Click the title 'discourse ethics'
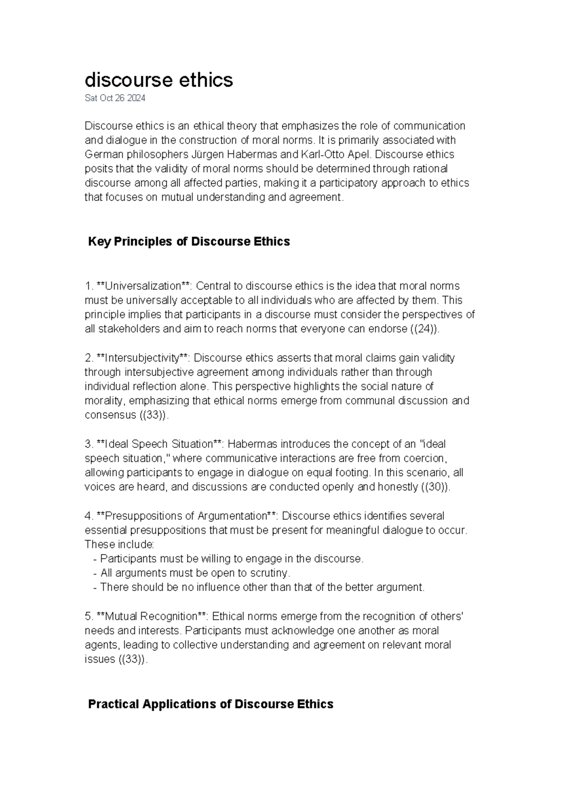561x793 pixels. [158, 80]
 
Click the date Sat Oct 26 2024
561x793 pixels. [115, 98]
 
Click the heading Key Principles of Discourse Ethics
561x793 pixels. [189, 241]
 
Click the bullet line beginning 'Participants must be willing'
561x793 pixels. [229, 559]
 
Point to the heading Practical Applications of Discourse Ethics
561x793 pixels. [210, 704]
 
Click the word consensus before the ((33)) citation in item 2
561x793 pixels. [110, 415]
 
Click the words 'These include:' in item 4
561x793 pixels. [119, 544]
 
